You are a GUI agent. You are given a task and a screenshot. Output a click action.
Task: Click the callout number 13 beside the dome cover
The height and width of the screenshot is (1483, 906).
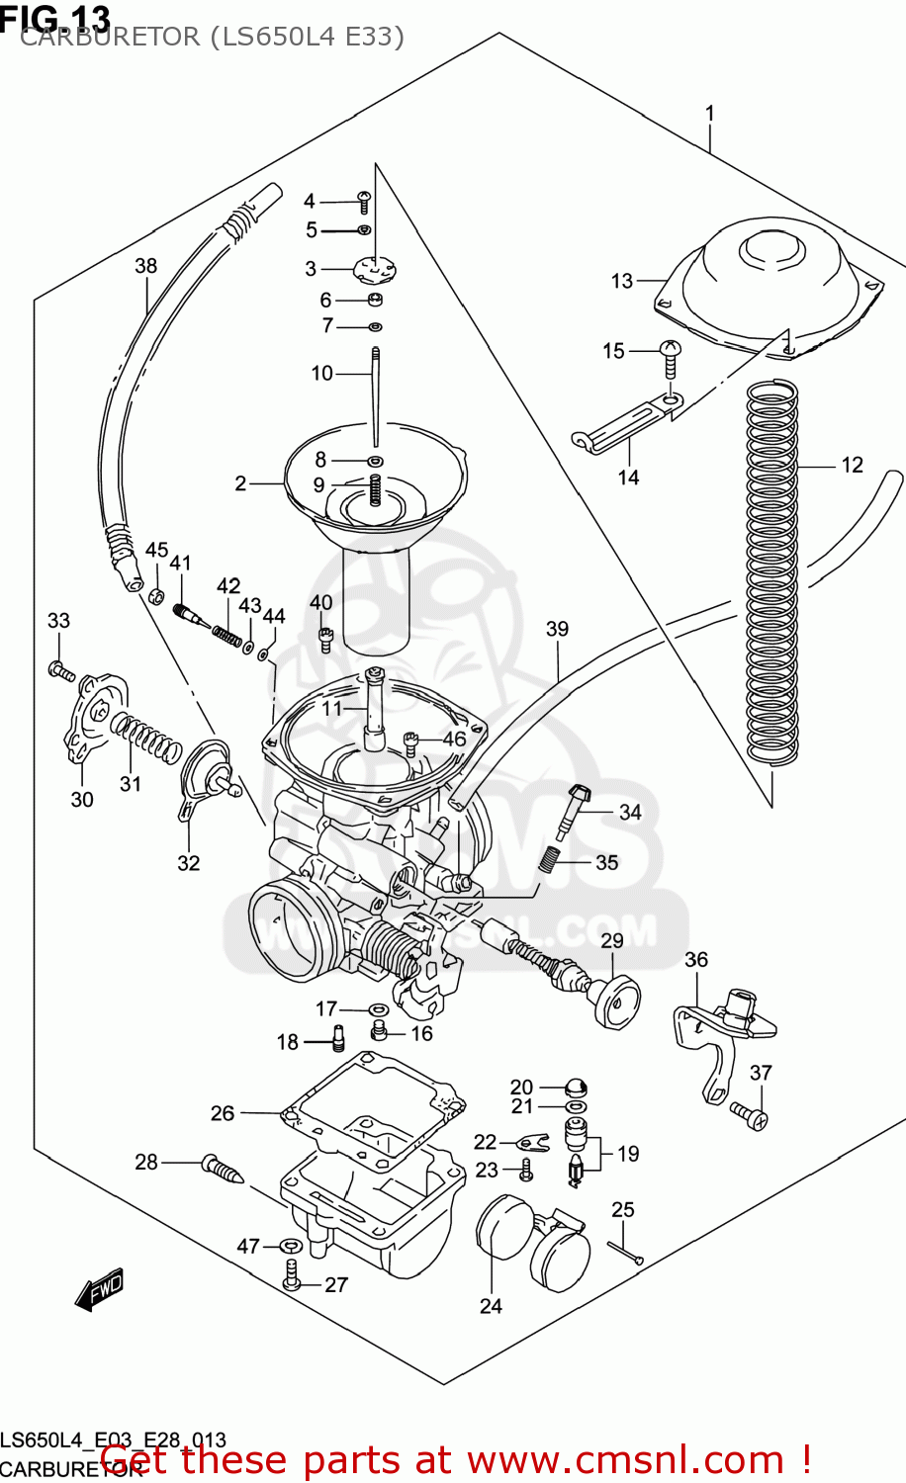621,281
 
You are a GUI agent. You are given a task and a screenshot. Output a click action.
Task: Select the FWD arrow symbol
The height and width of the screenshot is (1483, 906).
99,1289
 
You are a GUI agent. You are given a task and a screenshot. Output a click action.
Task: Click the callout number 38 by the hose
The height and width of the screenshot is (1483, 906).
145,266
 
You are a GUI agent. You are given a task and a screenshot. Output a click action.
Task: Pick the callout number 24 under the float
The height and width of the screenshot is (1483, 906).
491,1306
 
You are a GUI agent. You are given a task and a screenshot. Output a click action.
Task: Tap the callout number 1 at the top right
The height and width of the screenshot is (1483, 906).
709,114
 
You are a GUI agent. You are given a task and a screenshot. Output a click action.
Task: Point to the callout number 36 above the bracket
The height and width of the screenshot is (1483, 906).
696,959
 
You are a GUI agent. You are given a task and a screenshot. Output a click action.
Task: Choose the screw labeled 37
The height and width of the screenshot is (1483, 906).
752,1116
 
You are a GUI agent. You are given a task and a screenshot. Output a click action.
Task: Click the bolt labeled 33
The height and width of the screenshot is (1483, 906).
60,671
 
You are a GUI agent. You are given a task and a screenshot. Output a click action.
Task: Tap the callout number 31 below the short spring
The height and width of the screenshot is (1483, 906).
131,784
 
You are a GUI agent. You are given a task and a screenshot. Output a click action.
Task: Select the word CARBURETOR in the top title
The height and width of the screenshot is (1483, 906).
110,38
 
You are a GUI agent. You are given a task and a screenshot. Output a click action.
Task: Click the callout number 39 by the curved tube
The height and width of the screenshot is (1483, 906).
557,629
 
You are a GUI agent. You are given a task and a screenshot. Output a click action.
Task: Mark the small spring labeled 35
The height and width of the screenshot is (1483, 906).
550,858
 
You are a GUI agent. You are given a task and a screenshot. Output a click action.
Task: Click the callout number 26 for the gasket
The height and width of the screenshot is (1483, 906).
223,1113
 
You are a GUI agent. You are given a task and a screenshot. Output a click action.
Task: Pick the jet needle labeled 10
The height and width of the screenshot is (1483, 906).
376,395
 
